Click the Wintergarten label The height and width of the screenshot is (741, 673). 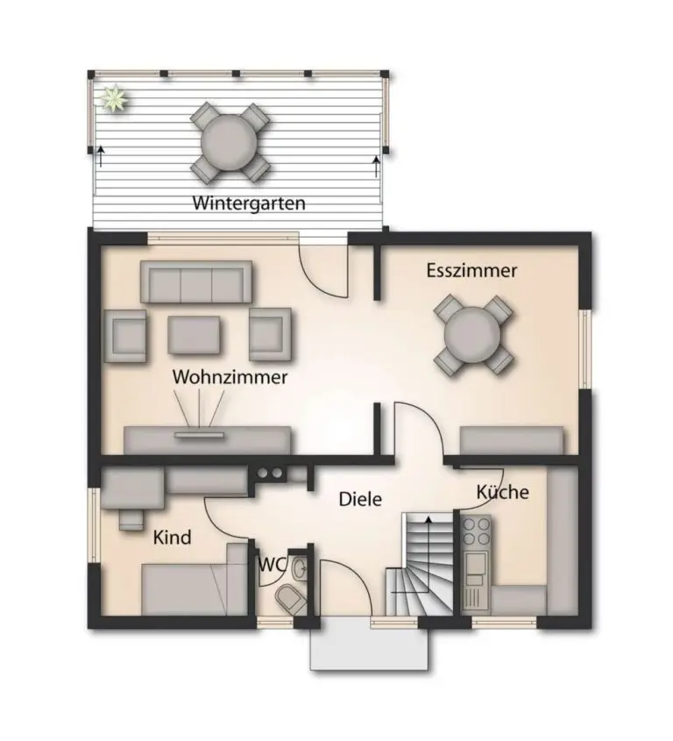[249, 203]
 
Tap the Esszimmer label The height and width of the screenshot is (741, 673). [471, 270]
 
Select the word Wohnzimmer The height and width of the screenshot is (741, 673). [230, 377]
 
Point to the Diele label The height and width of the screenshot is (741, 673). [360, 499]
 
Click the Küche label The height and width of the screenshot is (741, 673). [502, 492]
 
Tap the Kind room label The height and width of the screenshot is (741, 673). [173, 538]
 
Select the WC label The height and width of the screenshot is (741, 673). [273, 564]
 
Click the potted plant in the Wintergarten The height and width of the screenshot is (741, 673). [114, 99]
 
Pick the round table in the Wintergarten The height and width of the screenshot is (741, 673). [230, 142]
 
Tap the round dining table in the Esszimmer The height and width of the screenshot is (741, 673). [472, 335]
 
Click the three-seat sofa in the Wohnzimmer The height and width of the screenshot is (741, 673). [196, 281]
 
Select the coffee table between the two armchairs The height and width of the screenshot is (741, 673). [194, 335]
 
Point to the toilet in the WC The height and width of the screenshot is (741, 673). [291, 599]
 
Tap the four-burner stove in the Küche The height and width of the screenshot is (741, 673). [476, 531]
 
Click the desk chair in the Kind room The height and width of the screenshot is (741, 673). [131, 519]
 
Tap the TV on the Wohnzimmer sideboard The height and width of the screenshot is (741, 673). [199, 434]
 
